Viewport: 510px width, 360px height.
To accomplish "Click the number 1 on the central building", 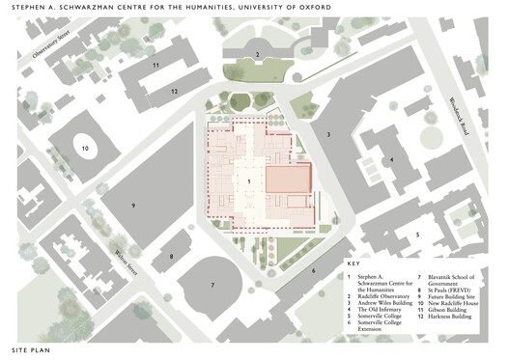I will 249,180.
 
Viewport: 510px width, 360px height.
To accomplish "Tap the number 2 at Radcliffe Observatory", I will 257,55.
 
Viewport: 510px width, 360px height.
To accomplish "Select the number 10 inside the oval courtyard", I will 85,150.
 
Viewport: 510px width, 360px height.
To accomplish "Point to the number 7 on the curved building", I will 212,286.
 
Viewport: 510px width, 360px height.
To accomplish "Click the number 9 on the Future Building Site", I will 134,207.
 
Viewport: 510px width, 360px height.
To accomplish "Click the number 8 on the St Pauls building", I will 171,256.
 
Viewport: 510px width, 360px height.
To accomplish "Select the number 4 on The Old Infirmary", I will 391,159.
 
